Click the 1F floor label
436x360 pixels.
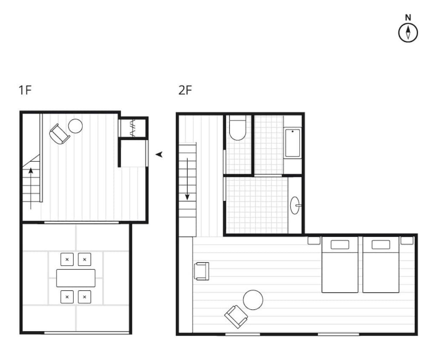(25, 90)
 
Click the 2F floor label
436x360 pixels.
(185, 90)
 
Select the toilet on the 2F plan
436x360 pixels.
(238, 128)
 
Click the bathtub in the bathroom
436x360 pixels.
(293, 143)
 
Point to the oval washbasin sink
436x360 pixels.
(295, 205)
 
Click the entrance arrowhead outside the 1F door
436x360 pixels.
(159, 154)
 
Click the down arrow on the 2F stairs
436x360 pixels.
(187, 179)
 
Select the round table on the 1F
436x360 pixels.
(75, 126)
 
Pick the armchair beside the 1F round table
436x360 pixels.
(59, 134)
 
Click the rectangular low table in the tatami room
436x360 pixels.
(76, 278)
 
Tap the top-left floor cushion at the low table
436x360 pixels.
(67, 259)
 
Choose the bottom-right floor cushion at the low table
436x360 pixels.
(85, 297)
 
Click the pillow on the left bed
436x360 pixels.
(340, 245)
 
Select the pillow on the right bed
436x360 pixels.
(381, 245)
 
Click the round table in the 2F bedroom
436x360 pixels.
(253, 300)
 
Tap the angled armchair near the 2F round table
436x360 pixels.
(236, 316)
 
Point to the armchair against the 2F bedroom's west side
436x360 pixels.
(201, 271)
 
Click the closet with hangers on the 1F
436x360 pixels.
(133, 128)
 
